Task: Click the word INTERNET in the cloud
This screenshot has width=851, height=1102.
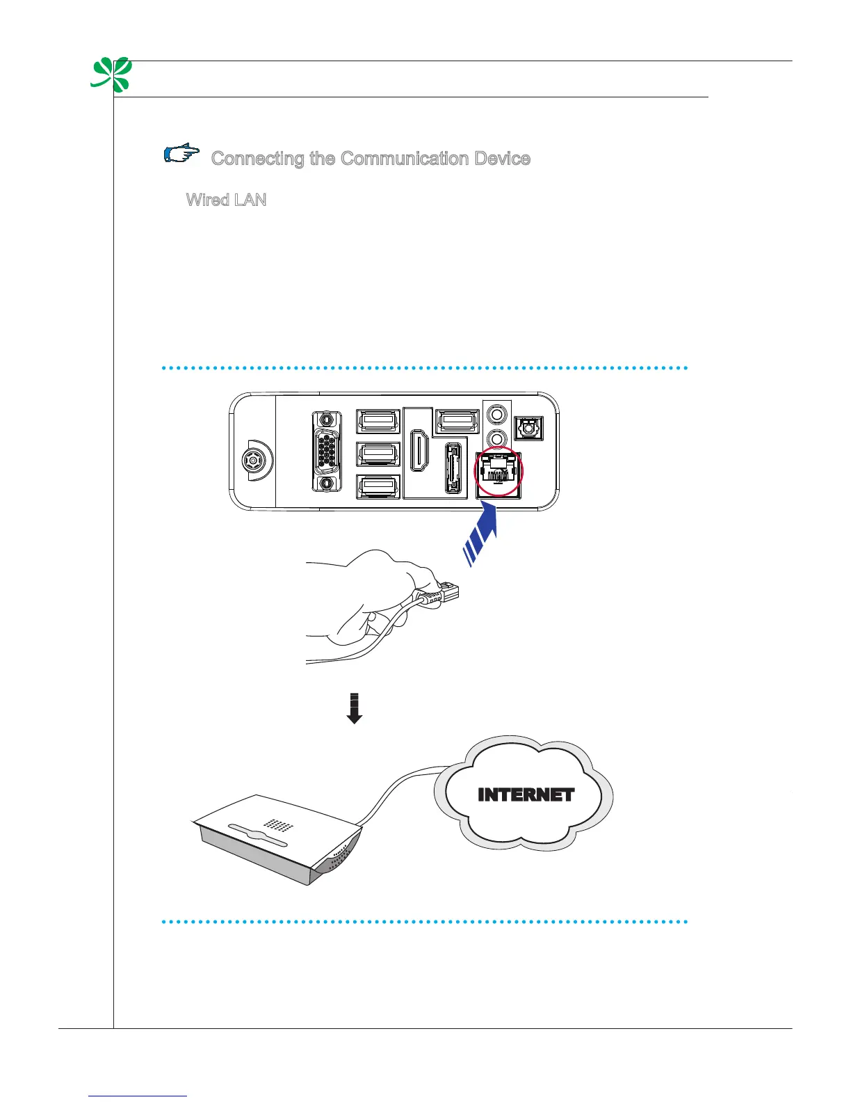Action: click(x=526, y=795)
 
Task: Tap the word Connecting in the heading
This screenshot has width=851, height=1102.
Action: click(x=258, y=159)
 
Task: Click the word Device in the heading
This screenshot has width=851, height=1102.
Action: click(x=503, y=159)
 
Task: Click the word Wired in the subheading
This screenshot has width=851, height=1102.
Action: click(x=207, y=200)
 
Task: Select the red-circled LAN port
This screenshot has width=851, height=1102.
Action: click(x=498, y=470)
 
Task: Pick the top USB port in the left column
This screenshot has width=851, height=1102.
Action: click(x=378, y=421)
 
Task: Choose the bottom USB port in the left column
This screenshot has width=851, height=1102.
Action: click(x=378, y=486)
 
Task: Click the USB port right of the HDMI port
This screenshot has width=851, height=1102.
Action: click(x=456, y=421)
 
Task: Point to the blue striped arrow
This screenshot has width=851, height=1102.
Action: click(x=482, y=534)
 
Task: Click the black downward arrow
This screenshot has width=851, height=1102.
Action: click(x=355, y=708)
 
